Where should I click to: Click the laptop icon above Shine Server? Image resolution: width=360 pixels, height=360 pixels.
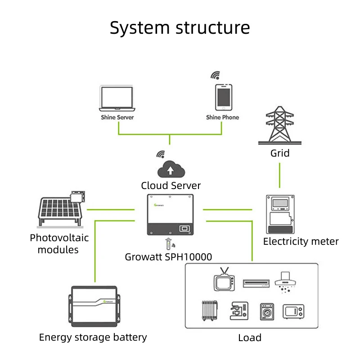point(117,98)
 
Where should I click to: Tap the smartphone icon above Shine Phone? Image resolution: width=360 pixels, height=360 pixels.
point(224,97)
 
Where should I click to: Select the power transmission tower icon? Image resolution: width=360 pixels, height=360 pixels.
point(279,125)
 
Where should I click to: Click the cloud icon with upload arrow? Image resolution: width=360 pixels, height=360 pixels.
point(171,169)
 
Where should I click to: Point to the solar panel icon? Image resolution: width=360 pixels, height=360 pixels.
point(61,209)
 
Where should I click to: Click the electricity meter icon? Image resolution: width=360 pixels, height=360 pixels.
point(280,214)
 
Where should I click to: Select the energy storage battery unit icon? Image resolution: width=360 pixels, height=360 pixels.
point(94,306)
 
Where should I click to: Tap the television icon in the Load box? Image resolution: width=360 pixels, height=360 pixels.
point(224,279)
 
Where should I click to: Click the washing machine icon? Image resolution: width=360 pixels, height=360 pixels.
point(267,311)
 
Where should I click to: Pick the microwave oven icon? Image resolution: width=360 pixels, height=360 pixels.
point(293,311)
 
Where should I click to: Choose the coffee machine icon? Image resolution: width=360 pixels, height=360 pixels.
point(239,310)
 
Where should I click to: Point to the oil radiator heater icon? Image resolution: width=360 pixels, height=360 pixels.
point(209,310)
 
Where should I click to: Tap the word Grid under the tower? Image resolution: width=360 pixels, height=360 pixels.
point(279,153)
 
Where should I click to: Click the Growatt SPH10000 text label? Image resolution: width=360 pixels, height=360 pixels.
point(168,257)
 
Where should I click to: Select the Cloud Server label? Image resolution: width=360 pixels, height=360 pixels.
point(171,185)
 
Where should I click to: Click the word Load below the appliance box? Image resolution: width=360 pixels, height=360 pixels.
point(250,338)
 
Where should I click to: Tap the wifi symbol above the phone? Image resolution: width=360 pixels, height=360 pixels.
point(216,75)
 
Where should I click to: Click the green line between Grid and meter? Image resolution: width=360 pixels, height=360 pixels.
point(279,175)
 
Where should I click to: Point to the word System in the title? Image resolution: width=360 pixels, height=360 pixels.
point(139,28)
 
